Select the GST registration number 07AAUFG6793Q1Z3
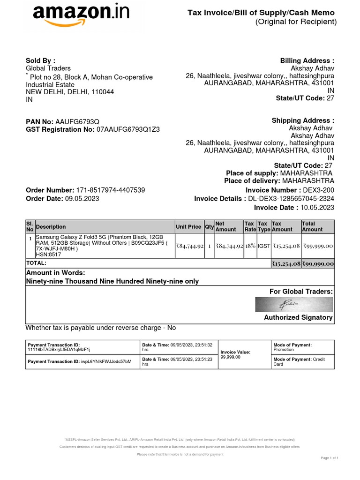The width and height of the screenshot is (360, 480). (127, 129)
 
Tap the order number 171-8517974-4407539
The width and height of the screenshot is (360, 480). (110, 190)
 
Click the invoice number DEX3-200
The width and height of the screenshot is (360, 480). (319, 190)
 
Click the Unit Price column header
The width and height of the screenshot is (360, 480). (188, 227)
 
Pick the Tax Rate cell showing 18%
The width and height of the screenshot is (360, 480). (250, 246)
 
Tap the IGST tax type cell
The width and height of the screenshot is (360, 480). (263, 246)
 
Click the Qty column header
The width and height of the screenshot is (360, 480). (209, 227)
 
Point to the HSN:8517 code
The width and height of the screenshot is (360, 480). (46, 255)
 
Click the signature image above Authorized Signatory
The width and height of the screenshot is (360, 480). (294, 305)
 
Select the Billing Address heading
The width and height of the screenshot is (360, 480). (307, 61)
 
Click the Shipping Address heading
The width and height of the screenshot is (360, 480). (303, 120)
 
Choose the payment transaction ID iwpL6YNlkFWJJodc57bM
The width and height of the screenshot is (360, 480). (106, 361)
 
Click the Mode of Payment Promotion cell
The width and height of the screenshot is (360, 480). (284, 350)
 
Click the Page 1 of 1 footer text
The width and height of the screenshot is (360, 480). (330, 457)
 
